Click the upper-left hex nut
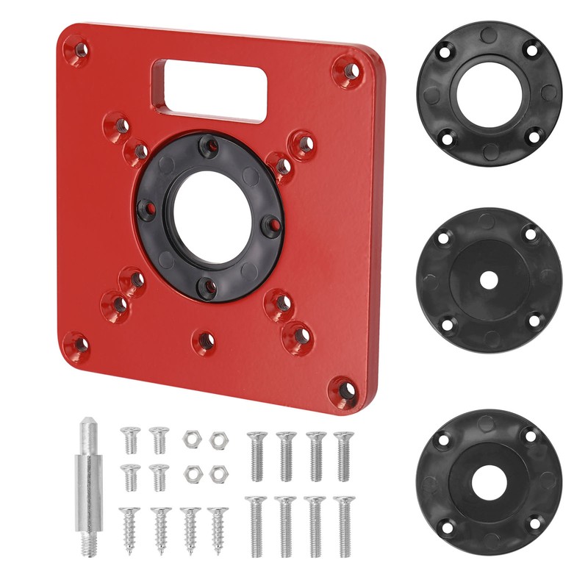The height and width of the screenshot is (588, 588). click(190, 438)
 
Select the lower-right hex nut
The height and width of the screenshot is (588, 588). click(216, 473)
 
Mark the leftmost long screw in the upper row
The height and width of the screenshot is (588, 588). click(256, 456)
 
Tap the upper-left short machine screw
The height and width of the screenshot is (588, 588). click(130, 439)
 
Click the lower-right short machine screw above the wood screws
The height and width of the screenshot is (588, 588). click(159, 477)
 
